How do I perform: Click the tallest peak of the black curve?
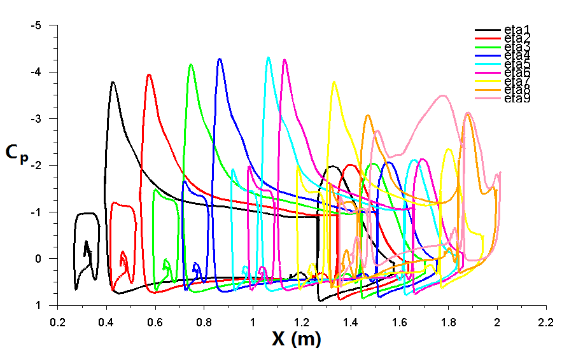pyautogui.click(x=113, y=82)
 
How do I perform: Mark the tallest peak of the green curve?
pyautogui.click(x=190, y=64)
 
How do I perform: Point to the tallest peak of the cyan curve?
pyautogui.click(x=269, y=57)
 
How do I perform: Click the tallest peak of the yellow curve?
pyautogui.click(x=334, y=81)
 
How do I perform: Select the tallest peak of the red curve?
pyautogui.click(x=149, y=74)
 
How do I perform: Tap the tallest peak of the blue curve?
pyautogui.click(x=220, y=59)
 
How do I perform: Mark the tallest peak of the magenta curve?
pyautogui.click(x=284, y=60)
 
